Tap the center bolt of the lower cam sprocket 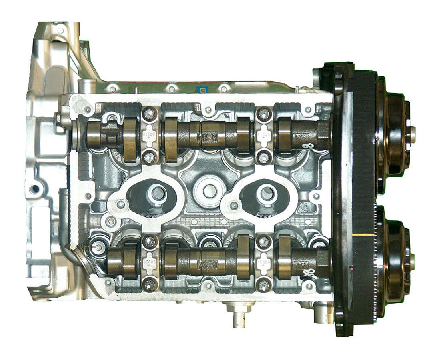pos(412,262)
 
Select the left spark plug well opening pos(158,194)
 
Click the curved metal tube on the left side pos(64,224)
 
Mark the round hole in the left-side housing pos(35,188)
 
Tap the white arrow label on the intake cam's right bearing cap pos(264,136)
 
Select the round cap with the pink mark pos(95,248)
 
